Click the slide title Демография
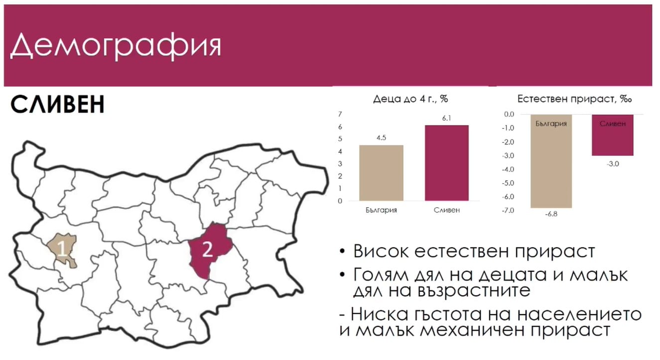[116, 46]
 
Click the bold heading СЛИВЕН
[58, 104]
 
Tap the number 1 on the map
[62, 248]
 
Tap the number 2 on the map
[207, 249]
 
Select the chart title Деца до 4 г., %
[410, 99]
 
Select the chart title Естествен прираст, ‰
[574, 99]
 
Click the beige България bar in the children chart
[381, 173]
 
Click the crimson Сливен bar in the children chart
[447, 163]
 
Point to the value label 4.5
[381, 138]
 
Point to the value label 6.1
[447, 118]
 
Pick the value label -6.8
[551, 214]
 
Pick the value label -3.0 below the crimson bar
[613, 164]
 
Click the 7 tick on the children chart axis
[340, 114]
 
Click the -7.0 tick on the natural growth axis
[508, 210]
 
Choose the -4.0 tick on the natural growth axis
[508, 169]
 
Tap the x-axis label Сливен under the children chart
[447, 210]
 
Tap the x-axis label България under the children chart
[381, 210]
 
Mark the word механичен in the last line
[473, 330]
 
